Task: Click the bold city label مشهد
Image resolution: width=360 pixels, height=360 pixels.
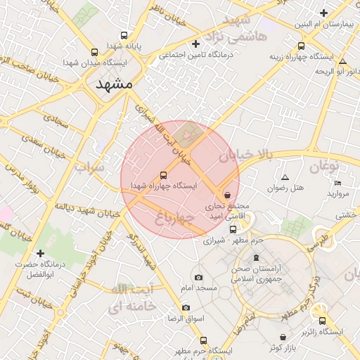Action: click(x=112, y=83)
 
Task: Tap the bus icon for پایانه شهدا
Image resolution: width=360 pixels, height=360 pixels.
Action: click(x=124, y=36)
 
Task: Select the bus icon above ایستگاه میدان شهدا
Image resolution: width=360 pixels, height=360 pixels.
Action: click(x=95, y=52)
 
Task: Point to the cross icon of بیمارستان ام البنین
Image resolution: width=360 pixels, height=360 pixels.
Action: click(x=323, y=13)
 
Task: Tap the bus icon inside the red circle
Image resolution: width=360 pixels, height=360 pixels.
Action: click(x=164, y=174)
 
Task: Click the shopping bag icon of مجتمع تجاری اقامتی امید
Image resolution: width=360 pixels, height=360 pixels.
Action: click(x=226, y=195)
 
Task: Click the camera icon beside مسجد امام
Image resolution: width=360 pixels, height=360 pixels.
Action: click(x=198, y=278)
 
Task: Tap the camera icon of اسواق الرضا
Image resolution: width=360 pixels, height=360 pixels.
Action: click(x=186, y=307)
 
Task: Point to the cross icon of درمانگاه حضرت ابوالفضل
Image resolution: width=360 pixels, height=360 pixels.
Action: click(x=40, y=253)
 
